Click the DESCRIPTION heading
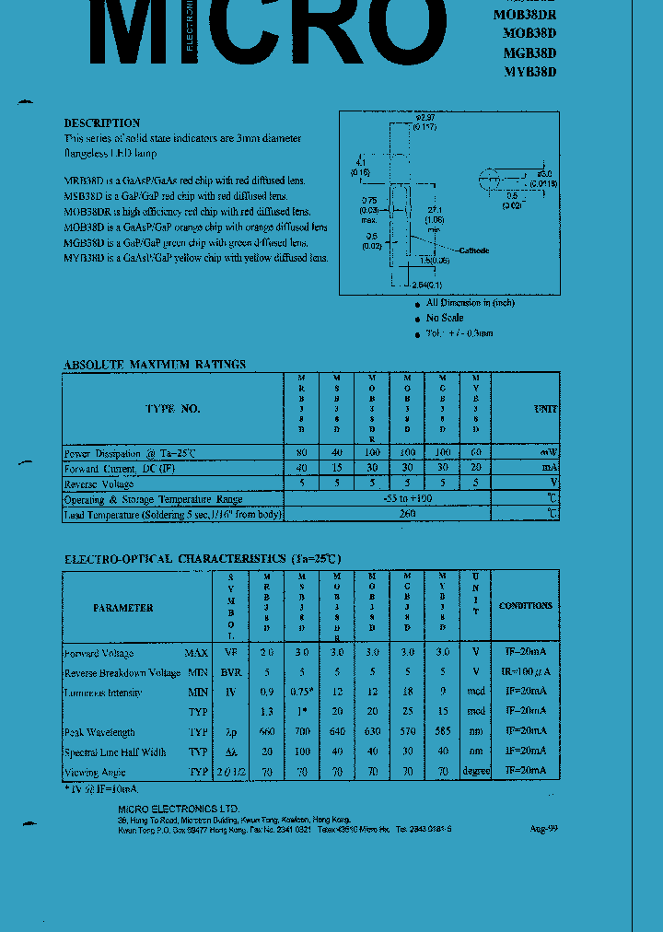point(102,122)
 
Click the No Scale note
point(445,318)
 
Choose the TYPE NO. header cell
point(172,408)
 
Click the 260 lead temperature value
point(407,514)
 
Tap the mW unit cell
point(549,452)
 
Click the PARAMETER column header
point(122,608)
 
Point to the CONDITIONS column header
point(526,606)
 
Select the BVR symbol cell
point(230,672)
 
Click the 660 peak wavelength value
point(268,732)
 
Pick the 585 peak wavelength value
point(443,732)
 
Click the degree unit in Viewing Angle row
point(476,771)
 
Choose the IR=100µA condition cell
point(525,672)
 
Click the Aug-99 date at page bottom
point(544,828)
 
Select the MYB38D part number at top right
point(530,71)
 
